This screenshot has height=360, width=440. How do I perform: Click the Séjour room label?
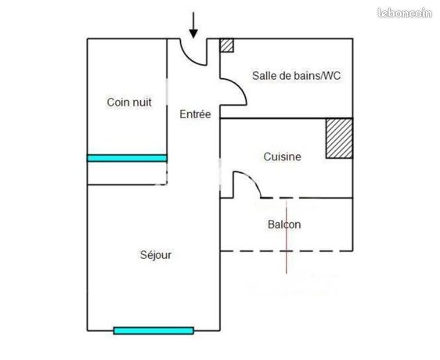click(x=156, y=255)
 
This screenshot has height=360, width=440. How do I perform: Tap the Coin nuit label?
click(x=129, y=103)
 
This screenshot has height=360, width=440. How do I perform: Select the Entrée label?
click(x=195, y=114)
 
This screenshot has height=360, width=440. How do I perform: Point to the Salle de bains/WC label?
click(x=296, y=75)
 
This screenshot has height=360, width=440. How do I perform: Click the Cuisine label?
click(x=283, y=157)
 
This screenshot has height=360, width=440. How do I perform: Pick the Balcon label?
click(x=284, y=225)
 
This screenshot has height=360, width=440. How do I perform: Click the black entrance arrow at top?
click(x=193, y=25)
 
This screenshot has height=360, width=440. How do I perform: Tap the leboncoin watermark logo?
click(x=405, y=13)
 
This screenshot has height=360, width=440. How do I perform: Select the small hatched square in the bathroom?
click(x=226, y=45)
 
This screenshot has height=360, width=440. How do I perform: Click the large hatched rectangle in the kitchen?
click(x=339, y=139)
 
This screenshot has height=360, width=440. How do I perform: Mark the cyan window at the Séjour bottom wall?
click(x=153, y=330)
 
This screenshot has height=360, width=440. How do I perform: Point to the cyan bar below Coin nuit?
click(x=127, y=158)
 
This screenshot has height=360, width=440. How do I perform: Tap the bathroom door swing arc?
click(x=239, y=87)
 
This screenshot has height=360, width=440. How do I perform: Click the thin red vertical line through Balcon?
click(x=287, y=236)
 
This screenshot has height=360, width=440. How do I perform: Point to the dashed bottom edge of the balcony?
click(x=287, y=251)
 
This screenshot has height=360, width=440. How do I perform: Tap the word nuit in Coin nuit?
click(x=141, y=103)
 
